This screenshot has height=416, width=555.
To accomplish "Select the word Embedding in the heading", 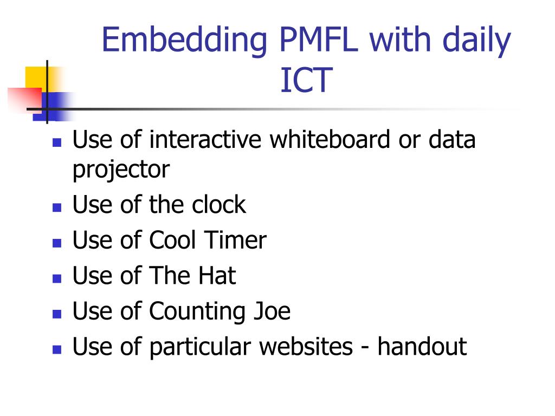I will tap(184, 41).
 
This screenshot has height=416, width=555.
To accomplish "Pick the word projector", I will tap(121, 170).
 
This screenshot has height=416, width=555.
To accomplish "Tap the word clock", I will tap(218, 205).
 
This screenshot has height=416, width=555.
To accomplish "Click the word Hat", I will tap(216, 276).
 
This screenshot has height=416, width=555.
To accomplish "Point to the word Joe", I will tap(272, 311).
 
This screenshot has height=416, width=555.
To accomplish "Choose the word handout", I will tap(422, 347).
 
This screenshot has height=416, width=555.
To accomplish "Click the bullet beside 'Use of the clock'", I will tap(56, 207).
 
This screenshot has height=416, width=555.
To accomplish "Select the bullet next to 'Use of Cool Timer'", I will tap(56, 242).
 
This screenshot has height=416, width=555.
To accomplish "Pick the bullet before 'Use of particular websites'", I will tap(56, 349).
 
